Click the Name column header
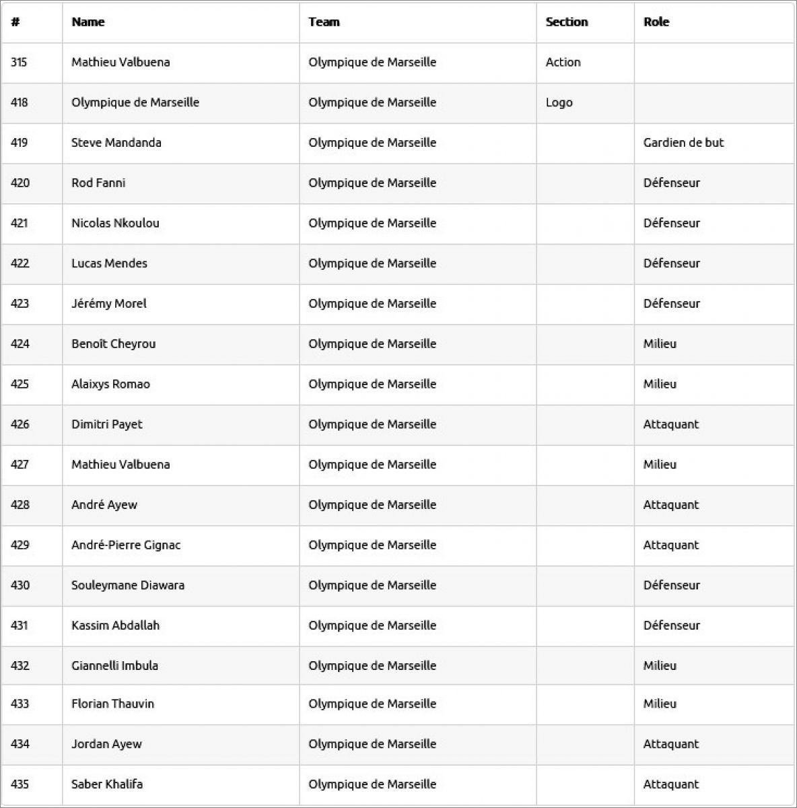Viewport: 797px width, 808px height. pyautogui.click(x=88, y=22)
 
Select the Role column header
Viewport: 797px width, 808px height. pyautogui.click(x=656, y=22)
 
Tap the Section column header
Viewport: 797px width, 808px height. pyautogui.click(x=567, y=22)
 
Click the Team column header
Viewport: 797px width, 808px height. pyautogui.click(x=324, y=22)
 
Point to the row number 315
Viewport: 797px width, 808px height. pyautogui.click(x=19, y=62)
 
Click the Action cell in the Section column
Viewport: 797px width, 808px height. pyautogui.click(x=563, y=62)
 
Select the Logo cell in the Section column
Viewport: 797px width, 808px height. pyautogui.click(x=559, y=102)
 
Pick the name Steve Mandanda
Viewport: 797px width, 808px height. pyautogui.click(x=116, y=143)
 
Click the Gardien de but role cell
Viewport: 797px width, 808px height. pyautogui.click(x=683, y=143)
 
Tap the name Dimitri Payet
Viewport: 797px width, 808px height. pyautogui.click(x=107, y=424)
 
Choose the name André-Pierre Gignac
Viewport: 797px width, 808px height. pyautogui.click(x=126, y=545)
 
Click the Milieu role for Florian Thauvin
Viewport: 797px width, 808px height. pyautogui.click(x=660, y=704)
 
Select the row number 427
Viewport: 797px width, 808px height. pyautogui.click(x=20, y=465)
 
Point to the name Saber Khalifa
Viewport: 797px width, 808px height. pyautogui.click(x=107, y=784)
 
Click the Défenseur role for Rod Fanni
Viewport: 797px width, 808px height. pyautogui.click(x=671, y=183)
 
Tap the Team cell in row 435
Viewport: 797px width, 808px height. pyautogui.click(x=372, y=784)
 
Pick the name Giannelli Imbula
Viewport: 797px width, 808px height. pyautogui.click(x=114, y=666)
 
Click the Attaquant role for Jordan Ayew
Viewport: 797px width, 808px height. pyautogui.click(x=670, y=744)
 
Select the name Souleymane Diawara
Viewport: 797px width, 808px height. pyautogui.click(x=128, y=585)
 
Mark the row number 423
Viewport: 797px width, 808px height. pyautogui.click(x=20, y=304)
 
